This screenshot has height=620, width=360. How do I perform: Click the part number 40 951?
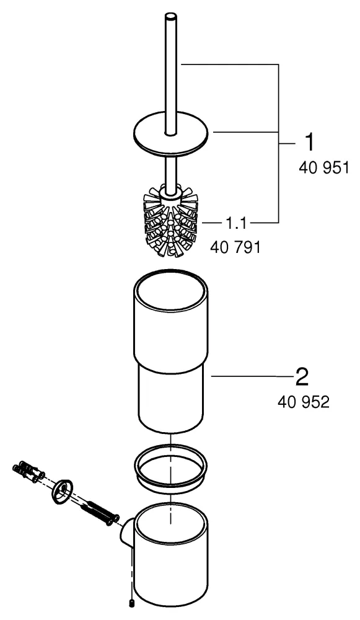pyautogui.click(x=324, y=168)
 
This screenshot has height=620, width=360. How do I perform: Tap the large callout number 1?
pyautogui.click(x=310, y=143)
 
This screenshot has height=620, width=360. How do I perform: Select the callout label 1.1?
pyautogui.click(x=236, y=224)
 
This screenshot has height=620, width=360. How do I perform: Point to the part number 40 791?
pyautogui.click(x=235, y=247)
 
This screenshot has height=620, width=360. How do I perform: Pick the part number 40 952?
pyautogui.click(x=304, y=402)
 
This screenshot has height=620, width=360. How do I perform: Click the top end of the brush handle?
pyautogui.click(x=170, y=16)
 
